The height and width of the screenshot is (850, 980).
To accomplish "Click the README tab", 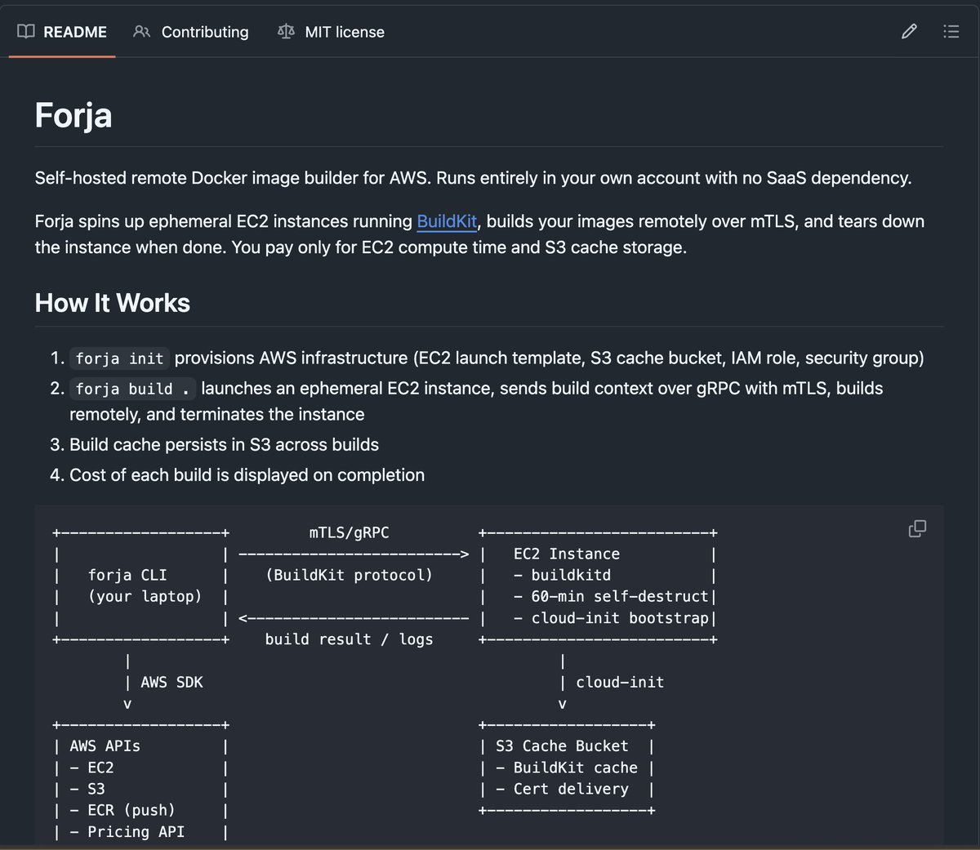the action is [x=62, y=32].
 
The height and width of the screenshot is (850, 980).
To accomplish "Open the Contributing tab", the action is [x=190, y=32].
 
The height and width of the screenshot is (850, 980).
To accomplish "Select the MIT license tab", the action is [x=331, y=32].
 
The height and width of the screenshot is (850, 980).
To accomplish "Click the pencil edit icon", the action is [x=909, y=32].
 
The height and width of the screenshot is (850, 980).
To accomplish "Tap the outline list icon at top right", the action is [x=951, y=32].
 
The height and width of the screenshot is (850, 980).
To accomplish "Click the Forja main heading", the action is [x=73, y=115].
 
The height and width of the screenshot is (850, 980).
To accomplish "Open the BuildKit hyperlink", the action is [x=447, y=222].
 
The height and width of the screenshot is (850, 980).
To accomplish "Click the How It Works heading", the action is [x=112, y=303].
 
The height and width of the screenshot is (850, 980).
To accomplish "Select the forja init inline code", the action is [x=119, y=358].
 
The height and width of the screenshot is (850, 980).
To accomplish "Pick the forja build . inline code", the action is [x=132, y=389].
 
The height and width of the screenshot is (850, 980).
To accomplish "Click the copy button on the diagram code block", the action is [x=917, y=528].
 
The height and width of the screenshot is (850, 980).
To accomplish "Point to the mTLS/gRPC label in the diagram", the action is [x=350, y=532].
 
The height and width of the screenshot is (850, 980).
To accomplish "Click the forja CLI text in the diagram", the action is [x=127, y=575].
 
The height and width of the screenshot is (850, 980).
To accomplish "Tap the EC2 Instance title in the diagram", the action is [x=567, y=554].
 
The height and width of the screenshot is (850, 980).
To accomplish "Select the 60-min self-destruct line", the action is [x=611, y=596].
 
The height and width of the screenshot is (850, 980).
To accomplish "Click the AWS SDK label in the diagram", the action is [x=171, y=682].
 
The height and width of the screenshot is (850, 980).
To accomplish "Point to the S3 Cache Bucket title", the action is [x=562, y=745].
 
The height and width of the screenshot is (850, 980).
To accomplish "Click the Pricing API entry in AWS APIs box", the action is [x=127, y=832].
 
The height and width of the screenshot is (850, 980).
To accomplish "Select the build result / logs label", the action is [x=350, y=639].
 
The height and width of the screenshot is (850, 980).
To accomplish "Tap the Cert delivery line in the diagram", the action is [x=562, y=789].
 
